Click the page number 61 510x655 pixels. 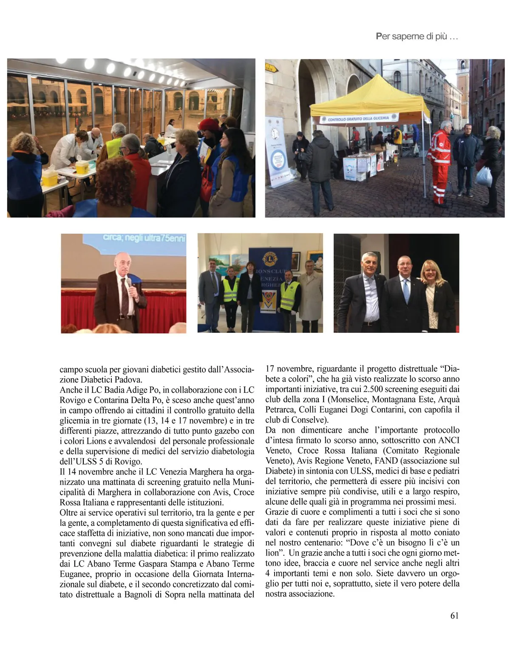(x=454, y=615)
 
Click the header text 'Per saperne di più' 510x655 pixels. (x=416, y=37)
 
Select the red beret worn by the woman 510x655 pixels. (x=209, y=124)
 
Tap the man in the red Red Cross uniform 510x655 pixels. (x=441, y=162)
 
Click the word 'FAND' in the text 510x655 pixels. (x=386, y=461)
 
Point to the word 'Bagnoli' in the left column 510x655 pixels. (x=139, y=594)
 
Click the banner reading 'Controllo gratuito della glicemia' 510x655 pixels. (x=359, y=119)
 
